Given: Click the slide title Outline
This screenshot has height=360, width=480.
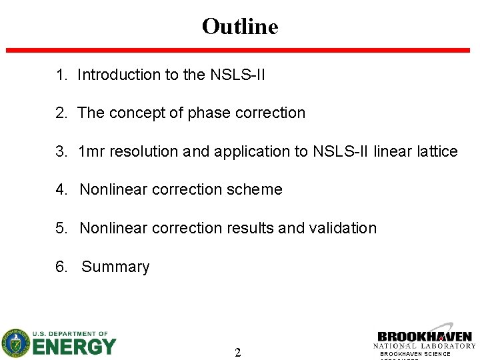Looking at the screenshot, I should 239,27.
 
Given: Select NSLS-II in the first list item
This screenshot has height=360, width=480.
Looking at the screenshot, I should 238,75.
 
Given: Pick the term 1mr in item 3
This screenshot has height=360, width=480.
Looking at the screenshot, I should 91,152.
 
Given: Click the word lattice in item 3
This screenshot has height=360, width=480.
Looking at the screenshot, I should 437,152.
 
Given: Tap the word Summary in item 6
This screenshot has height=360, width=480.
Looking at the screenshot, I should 115,267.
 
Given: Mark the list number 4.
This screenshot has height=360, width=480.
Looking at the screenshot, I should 61,190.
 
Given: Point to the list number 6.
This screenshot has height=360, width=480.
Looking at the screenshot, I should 61,267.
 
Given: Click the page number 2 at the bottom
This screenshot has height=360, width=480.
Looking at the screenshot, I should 237,352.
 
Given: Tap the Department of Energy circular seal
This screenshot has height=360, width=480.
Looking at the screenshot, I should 15,343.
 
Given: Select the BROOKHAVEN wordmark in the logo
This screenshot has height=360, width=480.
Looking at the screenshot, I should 424,337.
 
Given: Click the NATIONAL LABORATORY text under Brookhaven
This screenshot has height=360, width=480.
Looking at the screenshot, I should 424,346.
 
